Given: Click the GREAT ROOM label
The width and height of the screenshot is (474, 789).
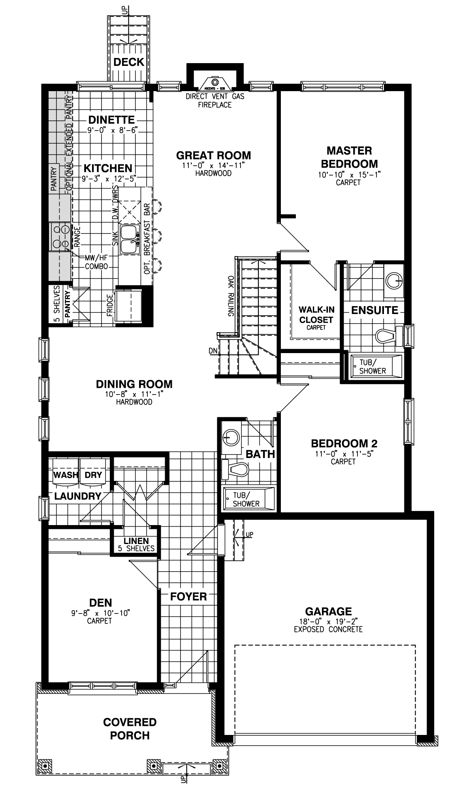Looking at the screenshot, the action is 213,155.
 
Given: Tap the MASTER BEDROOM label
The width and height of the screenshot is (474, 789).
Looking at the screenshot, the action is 349,157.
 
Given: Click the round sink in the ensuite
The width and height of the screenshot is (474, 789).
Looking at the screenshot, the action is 394,280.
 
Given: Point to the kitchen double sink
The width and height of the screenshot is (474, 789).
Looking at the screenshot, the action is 130,239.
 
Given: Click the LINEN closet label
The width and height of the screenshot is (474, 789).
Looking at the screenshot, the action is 136,541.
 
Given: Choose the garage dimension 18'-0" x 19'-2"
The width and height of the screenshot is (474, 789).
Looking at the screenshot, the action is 328,622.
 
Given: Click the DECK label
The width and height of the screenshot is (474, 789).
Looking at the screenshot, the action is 129,62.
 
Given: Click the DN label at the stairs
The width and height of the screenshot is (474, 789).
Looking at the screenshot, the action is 213,351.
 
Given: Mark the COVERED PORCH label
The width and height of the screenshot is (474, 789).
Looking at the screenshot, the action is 130,729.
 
